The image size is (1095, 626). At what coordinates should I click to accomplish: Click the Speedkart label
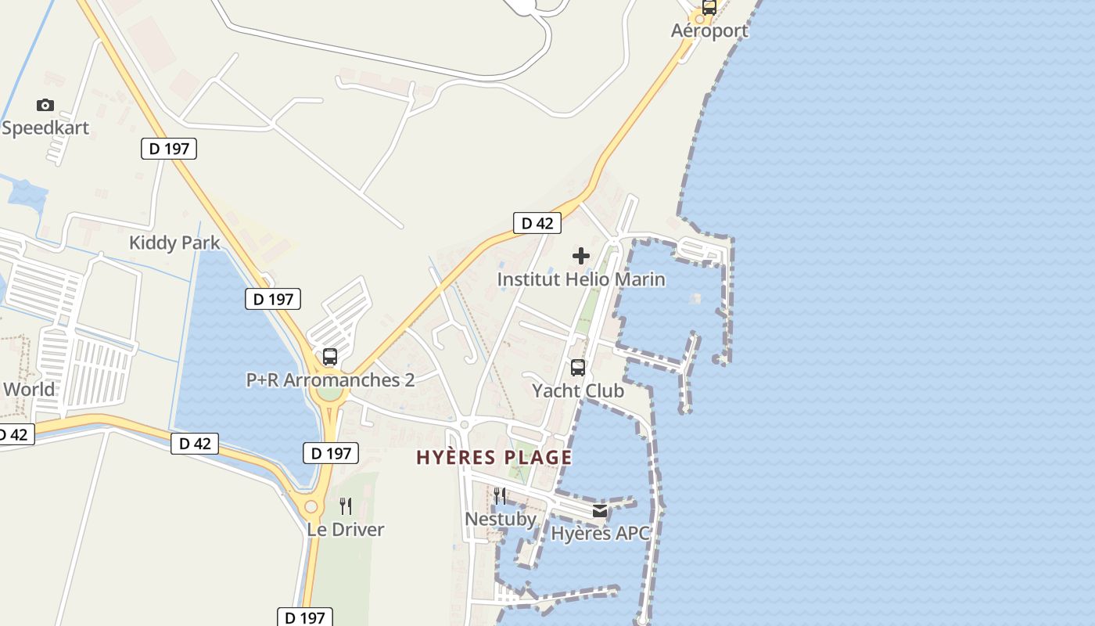[45, 128]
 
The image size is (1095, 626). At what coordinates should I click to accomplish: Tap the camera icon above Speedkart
[45, 105]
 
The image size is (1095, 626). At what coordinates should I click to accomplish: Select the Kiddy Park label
[174, 243]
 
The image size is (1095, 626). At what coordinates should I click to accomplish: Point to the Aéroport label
[709, 31]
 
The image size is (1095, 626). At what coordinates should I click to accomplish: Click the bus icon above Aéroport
[709, 8]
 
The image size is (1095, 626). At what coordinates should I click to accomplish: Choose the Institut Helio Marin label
[581, 279]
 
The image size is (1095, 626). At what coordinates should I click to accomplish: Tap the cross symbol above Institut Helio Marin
[581, 256]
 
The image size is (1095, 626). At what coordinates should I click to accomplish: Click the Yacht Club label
[578, 390]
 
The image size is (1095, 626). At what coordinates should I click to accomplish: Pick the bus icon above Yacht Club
[578, 368]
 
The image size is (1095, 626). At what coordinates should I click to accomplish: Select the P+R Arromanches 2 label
[330, 380]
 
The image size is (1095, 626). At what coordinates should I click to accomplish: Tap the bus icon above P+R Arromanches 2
[330, 358]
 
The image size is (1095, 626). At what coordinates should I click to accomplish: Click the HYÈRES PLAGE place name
[494, 458]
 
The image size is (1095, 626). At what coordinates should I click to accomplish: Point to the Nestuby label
[501, 519]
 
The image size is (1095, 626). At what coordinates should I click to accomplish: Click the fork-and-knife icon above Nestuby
[500, 495]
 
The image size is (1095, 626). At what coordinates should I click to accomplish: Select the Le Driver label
[346, 530]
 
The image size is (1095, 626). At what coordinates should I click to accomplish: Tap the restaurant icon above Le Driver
[346, 506]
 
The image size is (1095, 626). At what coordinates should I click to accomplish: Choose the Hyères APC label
[600, 534]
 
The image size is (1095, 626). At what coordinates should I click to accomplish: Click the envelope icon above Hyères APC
[600, 511]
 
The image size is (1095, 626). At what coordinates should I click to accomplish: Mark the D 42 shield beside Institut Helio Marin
[537, 223]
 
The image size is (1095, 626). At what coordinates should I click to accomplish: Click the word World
[29, 389]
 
